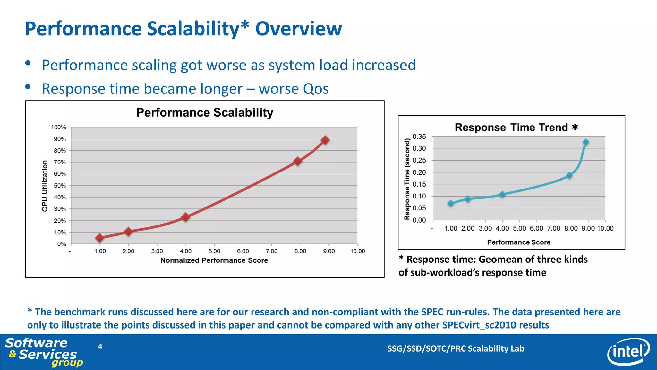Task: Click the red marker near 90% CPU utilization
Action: tap(325, 140)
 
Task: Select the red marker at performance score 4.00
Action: tap(185, 217)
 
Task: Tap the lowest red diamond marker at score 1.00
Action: tap(99, 238)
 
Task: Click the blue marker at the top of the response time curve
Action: tap(586, 142)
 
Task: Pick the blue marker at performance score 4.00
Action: tap(502, 194)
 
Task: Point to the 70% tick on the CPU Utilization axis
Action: tap(60, 162)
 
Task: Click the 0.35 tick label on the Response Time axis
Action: tap(419, 137)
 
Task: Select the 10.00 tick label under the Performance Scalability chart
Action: tap(357, 251)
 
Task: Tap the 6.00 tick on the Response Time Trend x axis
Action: tap(536, 228)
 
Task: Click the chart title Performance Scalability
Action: tap(205, 113)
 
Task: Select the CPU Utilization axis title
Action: tap(45, 186)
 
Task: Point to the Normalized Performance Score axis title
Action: tap(214, 260)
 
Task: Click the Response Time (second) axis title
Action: tap(407, 179)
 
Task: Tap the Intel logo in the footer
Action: tap(628, 351)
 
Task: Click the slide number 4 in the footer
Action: tap(100, 346)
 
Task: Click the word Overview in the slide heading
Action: tap(298, 29)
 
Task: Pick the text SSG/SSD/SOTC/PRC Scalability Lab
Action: tap(456, 349)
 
